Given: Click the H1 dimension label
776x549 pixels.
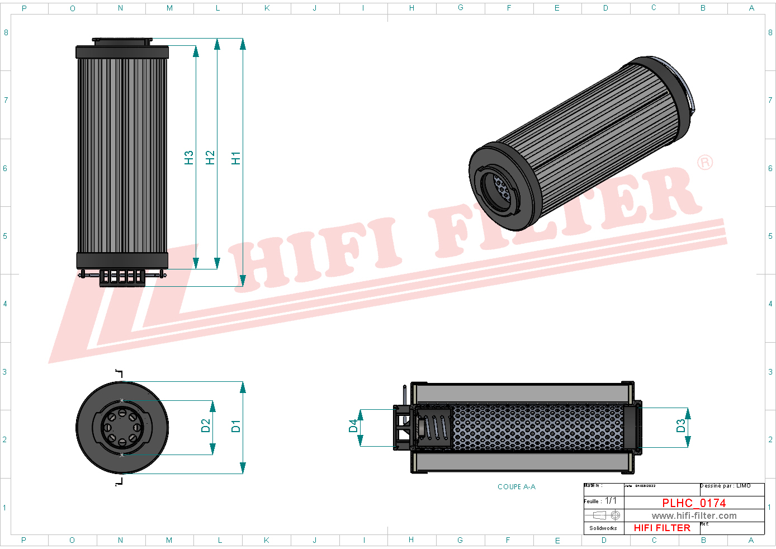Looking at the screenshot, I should (x=236, y=158).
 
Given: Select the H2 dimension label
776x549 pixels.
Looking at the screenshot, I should (x=210, y=158).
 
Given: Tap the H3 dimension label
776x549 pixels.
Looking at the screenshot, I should (x=189, y=158).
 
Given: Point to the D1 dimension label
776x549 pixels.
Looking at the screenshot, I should (x=236, y=426).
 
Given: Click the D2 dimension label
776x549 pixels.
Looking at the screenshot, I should (x=206, y=426).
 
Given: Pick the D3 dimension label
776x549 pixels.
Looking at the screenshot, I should (x=680, y=426).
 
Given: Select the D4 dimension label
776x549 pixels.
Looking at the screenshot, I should (x=353, y=426).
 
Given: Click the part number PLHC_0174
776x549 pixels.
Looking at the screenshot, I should (x=694, y=503).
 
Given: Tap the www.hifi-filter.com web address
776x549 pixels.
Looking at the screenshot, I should (x=694, y=516).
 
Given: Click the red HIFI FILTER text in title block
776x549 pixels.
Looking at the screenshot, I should (x=662, y=528).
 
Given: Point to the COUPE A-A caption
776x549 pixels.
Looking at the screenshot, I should (x=517, y=487).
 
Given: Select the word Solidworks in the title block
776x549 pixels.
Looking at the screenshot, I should (x=603, y=528).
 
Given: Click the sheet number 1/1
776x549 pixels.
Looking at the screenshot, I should (x=611, y=501).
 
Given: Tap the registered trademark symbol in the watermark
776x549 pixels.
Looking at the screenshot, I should (x=705, y=163).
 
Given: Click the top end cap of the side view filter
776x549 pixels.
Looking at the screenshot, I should (x=122, y=52).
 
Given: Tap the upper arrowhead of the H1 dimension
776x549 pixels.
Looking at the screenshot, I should (x=243, y=44).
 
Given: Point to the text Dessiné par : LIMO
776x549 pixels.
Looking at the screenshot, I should (x=725, y=486).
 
